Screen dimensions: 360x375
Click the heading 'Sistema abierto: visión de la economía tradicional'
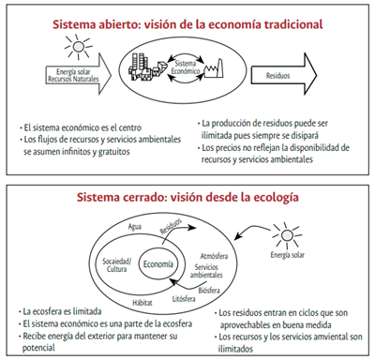click(187, 22)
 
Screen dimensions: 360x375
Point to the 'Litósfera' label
click(184, 297)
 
